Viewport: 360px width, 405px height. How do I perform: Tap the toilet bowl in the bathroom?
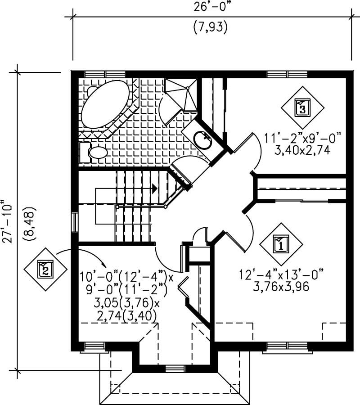[97, 153]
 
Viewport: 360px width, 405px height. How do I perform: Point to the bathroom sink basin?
[203, 138]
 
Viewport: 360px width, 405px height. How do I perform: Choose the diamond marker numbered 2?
[45, 270]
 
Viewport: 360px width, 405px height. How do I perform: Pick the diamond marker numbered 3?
[302, 108]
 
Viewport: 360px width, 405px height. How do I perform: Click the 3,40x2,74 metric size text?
[302, 151]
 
